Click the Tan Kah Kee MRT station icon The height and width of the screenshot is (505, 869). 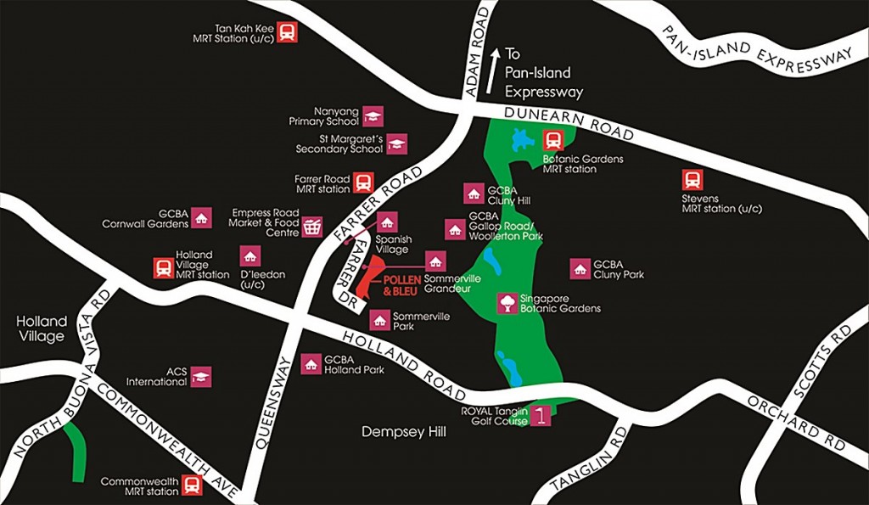287,32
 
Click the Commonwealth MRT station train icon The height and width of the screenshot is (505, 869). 193,485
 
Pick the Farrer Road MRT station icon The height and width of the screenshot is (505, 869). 363,182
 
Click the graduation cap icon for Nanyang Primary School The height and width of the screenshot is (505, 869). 373,115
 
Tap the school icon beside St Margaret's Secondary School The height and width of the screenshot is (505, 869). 396,143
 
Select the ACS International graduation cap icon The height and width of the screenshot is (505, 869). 201,376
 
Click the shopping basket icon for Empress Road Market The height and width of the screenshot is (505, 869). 313,227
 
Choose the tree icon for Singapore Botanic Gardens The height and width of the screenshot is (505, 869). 507,303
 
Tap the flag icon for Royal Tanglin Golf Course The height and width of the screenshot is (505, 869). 541,416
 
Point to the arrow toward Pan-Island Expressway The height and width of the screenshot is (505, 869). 494,67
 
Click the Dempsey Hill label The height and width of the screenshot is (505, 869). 404,432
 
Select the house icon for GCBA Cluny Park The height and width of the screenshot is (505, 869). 580,269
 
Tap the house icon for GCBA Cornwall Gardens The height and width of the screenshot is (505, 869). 201,218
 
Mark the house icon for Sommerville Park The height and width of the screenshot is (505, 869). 379,321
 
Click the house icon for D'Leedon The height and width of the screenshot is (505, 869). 249,255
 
